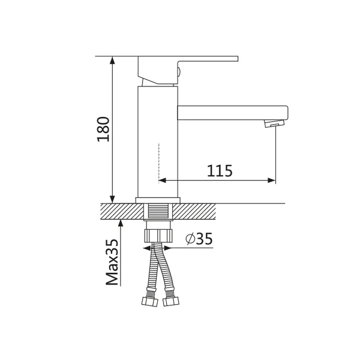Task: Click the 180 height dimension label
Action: tap(103, 129)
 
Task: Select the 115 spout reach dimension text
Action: tap(220, 170)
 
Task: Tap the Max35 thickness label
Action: tap(112, 262)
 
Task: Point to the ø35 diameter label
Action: tap(199, 239)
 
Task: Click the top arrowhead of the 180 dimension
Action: tap(112, 59)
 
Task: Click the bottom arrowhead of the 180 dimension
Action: tap(112, 200)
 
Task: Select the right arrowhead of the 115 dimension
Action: tap(272, 180)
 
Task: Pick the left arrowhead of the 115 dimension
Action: tap(163, 180)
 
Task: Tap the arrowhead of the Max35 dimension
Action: tap(121, 223)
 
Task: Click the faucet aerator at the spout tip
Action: tap(274, 123)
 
